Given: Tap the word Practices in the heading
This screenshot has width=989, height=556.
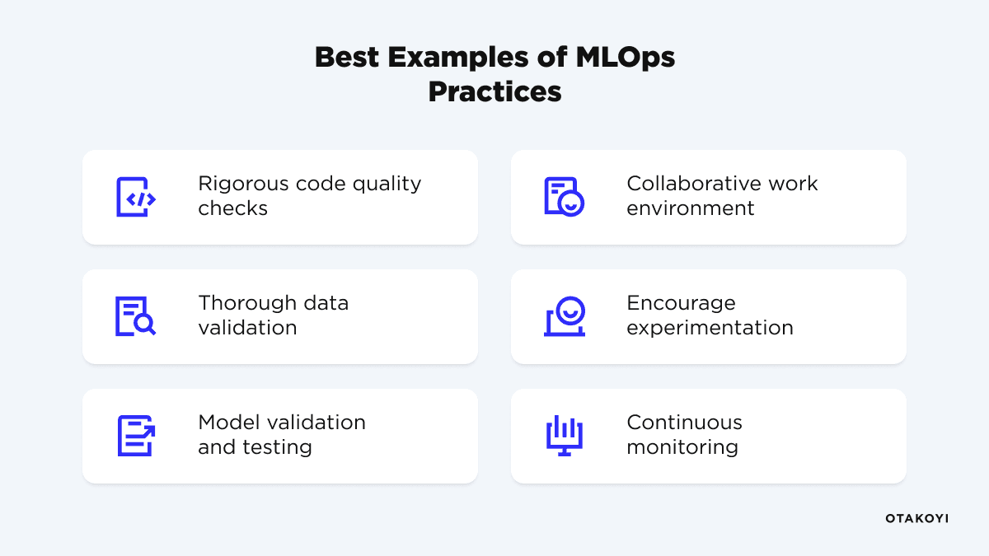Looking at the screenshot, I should pyautogui.click(x=494, y=91).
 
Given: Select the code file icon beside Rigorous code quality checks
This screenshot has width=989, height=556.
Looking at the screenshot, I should pyautogui.click(x=135, y=197).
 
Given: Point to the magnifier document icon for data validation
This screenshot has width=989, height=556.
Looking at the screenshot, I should pyautogui.click(x=135, y=316).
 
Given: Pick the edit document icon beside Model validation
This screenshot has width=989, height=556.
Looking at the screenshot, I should pyautogui.click(x=135, y=436).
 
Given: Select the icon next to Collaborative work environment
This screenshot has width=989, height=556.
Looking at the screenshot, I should pyautogui.click(x=564, y=197).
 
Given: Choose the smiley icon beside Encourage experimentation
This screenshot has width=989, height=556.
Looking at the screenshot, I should pyautogui.click(x=565, y=316).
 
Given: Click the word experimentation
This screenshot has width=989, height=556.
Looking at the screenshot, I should pyautogui.click(x=710, y=328).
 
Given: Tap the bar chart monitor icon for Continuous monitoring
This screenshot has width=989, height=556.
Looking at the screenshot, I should pyautogui.click(x=565, y=436).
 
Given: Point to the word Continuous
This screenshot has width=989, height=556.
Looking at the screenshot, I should pyautogui.click(x=684, y=423).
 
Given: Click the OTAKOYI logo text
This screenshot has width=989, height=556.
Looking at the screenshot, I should pyautogui.click(x=916, y=519).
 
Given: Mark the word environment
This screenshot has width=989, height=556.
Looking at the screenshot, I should pyautogui.click(x=690, y=208).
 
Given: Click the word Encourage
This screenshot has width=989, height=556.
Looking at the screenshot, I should pyautogui.click(x=681, y=303).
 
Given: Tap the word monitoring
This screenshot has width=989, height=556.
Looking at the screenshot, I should pyautogui.click(x=682, y=447).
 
